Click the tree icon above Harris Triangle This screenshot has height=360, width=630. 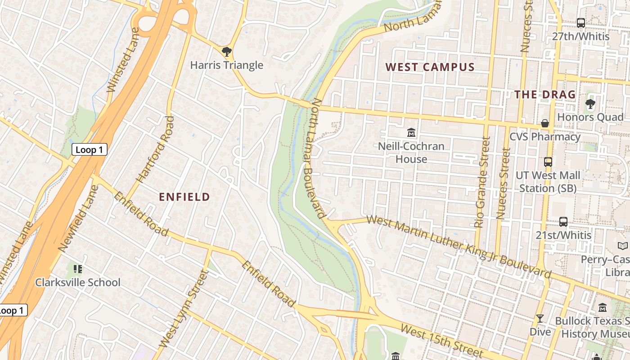point(227,51)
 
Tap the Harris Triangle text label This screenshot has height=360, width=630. point(226,65)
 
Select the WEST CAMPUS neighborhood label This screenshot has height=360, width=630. point(430,67)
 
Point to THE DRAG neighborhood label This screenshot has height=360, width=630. point(544,94)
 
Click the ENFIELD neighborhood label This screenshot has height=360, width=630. point(184,197)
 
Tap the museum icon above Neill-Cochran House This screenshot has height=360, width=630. point(411,133)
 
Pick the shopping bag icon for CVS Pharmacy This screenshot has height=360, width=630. point(544,123)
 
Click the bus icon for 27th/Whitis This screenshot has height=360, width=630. point(580,22)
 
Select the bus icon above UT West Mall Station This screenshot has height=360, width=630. point(548,162)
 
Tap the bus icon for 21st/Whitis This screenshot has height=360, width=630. point(563,221)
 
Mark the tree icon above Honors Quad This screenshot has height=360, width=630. point(590,104)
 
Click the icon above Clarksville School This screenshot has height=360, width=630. point(78,269)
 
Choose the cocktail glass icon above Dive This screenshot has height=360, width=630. point(540,319)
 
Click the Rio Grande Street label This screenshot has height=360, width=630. point(481,182)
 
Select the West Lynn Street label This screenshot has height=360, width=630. point(184,309)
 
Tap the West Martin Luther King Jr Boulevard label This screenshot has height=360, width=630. point(459,247)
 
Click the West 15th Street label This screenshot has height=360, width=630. point(441,342)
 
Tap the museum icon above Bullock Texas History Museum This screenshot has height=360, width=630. point(603,308)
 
